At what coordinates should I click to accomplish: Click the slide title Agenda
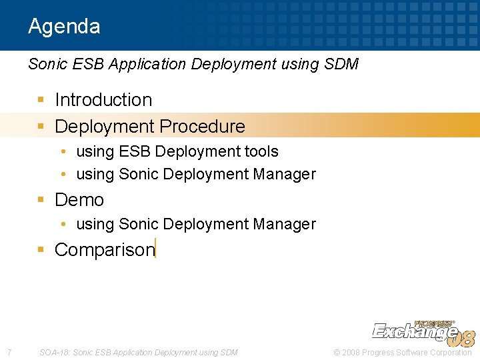click(64, 27)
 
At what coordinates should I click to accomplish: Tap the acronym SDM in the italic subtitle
click(341, 64)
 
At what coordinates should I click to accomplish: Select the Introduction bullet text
click(103, 100)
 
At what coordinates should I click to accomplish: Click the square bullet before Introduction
click(41, 100)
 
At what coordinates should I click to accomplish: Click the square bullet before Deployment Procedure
click(41, 126)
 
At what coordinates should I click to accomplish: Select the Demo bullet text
click(79, 200)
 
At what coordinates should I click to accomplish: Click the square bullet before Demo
click(41, 199)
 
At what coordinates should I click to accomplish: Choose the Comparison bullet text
click(104, 250)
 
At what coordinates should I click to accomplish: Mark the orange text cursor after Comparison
click(155, 248)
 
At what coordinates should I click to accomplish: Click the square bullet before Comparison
click(41, 249)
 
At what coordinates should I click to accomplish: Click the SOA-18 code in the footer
click(54, 352)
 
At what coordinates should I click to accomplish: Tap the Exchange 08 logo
click(423, 332)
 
